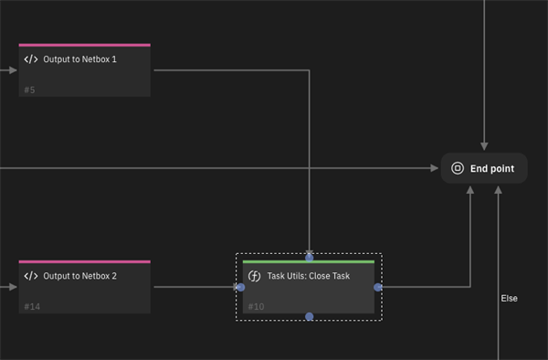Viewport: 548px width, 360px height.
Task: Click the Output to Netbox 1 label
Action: (x=79, y=59)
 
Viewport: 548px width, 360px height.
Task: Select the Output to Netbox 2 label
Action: (x=79, y=276)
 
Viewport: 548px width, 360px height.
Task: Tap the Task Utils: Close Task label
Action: (x=309, y=276)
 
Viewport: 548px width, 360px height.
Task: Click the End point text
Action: (x=492, y=169)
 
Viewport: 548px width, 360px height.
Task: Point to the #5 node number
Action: (x=29, y=90)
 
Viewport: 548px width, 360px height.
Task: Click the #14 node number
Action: (x=32, y=307)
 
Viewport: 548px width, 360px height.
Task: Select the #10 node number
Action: (x=256, y=307)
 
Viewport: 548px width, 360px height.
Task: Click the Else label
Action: (x=509, y=299)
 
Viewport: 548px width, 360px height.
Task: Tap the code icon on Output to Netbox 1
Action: (x=31, y=59)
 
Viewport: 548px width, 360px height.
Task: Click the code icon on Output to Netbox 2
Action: (x=31, y=276)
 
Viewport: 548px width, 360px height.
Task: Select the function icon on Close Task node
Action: (x=254, y=276)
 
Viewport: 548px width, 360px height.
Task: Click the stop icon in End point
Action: (x=458, y=168)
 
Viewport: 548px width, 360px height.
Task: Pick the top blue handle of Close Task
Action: (x=310, y=258)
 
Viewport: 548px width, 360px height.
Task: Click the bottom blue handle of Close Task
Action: (x=310, y=317)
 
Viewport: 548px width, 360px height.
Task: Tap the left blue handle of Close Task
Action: (x=241, y=287)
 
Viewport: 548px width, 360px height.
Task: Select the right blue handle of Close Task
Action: (x=378, y=287)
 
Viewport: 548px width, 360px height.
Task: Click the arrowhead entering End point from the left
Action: (x=435, y=168)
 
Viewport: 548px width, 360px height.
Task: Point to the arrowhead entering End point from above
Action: (x=484, y=146)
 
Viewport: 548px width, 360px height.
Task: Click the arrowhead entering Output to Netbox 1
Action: (x=13, y=70)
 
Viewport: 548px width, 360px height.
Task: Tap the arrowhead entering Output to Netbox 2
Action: (x=13, y=287)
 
